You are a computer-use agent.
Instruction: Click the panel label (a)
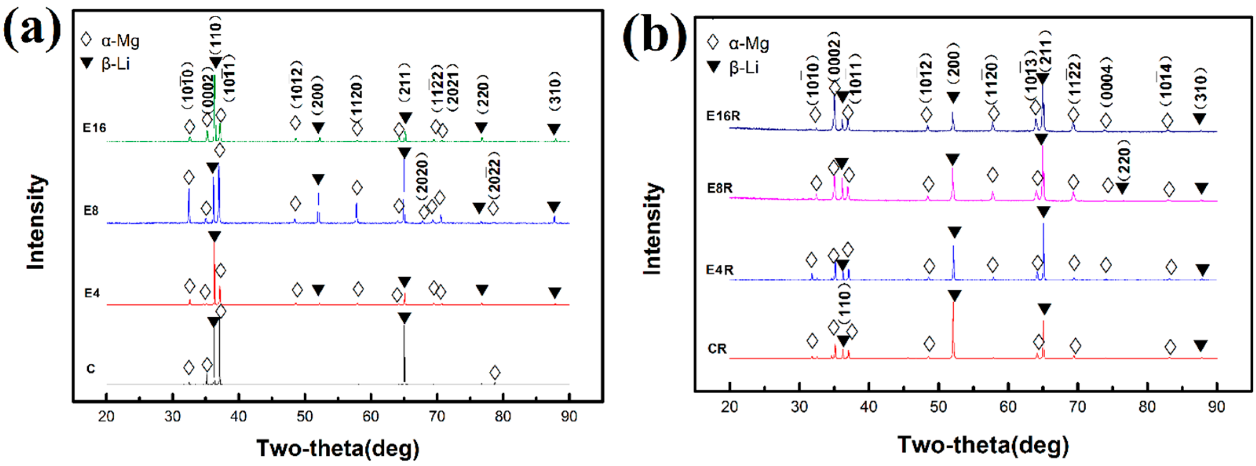pos(32,30)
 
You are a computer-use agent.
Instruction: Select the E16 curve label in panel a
pos(94,128)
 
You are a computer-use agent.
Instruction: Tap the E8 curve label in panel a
pos(91,211)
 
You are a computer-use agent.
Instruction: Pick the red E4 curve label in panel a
pos(92,293)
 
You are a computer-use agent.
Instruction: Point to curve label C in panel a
pos(91,369)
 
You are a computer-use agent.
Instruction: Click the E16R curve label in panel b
pos(723,116)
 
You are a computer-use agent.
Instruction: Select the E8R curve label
pos(720,188)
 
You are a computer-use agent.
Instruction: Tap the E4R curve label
pos(720,270)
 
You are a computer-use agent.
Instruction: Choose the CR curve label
pos(717,349)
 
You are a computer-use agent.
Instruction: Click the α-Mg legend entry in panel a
pos(111,40)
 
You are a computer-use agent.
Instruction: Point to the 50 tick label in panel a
pos(305,416)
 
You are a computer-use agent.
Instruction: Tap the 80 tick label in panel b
pos(1147,406)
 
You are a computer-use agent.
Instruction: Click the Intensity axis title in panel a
pos(36,222)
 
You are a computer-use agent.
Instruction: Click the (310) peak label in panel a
pos(555,91)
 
